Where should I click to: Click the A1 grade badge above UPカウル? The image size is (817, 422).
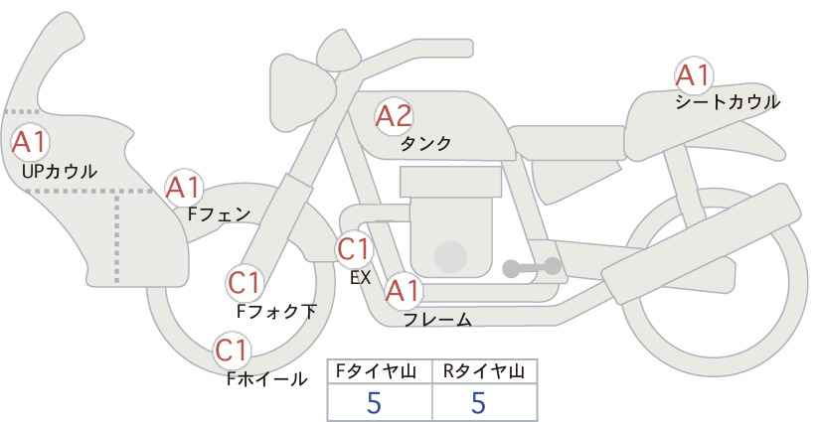tap(30, 142)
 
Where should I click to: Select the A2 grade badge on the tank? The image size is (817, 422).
tap(394, 116)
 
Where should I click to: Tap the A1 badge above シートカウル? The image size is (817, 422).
tap(694, 75)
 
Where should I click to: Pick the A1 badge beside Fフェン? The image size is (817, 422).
tap(184, 188)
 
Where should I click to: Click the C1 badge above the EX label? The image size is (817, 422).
tap(354, 249)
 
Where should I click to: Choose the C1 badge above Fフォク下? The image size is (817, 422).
tap(245, 284)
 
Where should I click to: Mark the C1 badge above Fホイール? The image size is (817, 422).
tap(233, 351)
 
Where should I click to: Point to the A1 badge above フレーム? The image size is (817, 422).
tap(403, 291)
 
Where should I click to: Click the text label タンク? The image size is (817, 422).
tap(425, 143)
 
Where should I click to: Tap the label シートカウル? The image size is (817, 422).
tap(728, 102)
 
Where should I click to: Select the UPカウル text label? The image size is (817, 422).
tap(59, 171)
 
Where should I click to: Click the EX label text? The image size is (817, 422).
tap(361, 278)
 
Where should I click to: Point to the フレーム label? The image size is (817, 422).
tap(437, 320)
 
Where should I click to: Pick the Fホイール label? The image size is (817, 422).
tap(266, 379)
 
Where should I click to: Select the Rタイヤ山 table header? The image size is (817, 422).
tap(484, 371)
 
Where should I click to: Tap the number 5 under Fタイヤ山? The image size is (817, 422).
tap(374, 402)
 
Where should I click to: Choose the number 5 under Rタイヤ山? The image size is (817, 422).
tap(478, 402)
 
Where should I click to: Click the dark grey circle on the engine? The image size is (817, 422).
tap(450, 257)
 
